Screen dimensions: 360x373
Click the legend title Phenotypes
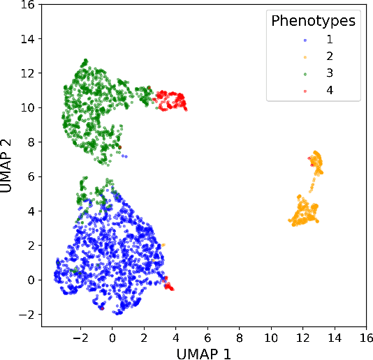click(x=313, y=21)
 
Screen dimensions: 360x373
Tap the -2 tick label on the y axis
click(x=26, y=315)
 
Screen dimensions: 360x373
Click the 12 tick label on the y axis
click(x=26, y=73)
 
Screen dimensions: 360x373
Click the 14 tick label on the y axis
click(x=26, y=39)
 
